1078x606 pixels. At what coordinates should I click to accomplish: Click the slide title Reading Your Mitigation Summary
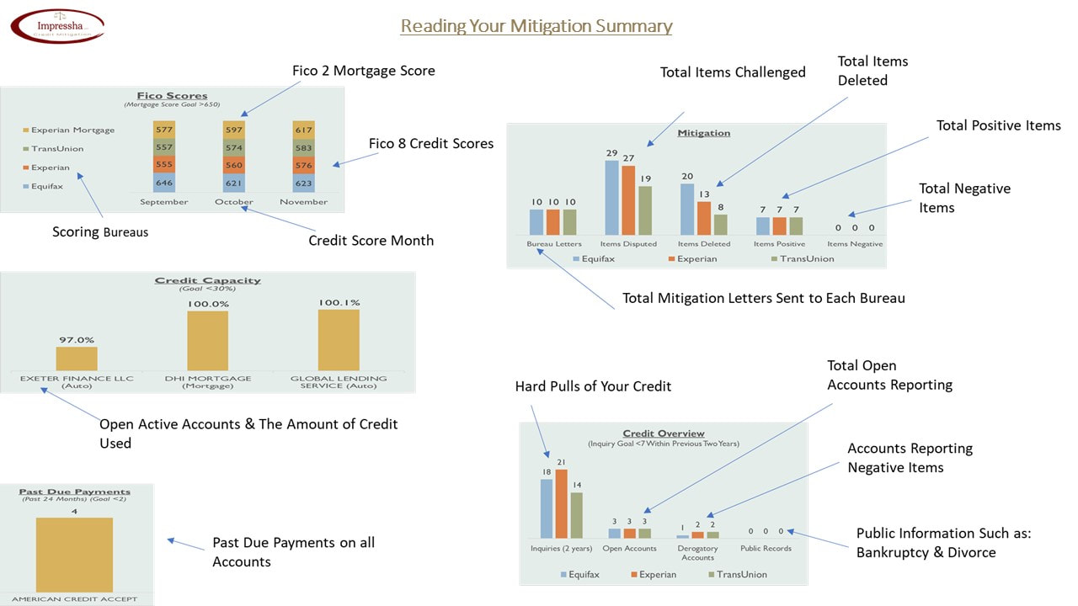pos(536,26)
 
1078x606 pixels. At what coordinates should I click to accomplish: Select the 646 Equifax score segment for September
pos(164,183)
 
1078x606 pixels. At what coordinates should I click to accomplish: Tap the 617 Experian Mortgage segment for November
pos(303,130)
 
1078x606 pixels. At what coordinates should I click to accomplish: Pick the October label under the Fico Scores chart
pos(234,202)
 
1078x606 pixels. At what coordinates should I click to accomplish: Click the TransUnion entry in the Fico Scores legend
pos(57,149)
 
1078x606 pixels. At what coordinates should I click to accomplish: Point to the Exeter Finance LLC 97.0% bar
pos(77,359)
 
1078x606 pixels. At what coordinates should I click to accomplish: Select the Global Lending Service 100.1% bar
pos(339,340)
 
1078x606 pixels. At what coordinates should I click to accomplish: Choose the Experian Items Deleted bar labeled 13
pos(704,218)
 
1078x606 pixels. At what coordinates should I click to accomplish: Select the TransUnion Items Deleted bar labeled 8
pos(720,225)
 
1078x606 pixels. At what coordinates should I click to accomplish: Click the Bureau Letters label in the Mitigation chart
pos(554,244)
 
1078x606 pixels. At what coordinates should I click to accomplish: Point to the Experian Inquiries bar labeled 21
pos(562,503)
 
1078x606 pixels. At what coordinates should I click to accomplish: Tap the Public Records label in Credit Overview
pos(766,549)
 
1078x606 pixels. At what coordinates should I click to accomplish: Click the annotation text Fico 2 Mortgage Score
pos(364,71)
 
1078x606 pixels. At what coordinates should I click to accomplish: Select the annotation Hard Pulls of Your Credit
pos(594,386)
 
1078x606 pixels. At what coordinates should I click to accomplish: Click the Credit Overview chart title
pos(664,433)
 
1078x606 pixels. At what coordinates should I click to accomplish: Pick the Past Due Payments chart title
pos(75,492)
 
